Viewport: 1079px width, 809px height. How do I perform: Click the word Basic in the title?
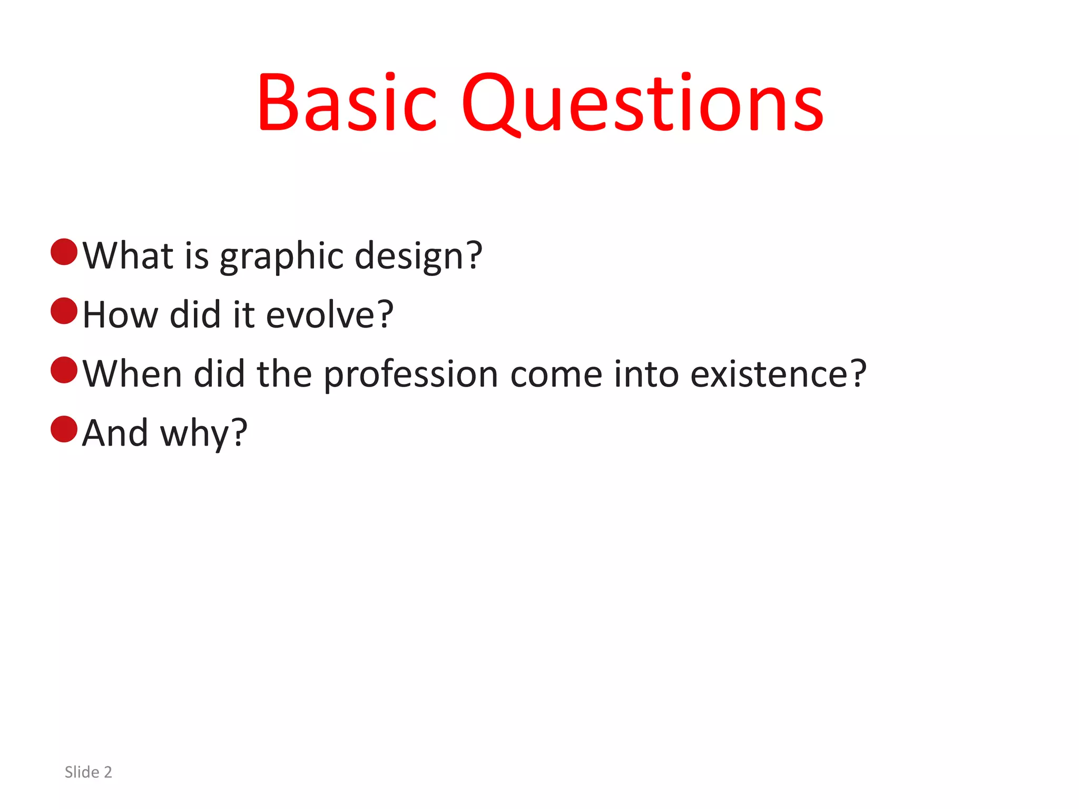pos(347,102)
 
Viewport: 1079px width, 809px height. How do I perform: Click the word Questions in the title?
pos(642,102)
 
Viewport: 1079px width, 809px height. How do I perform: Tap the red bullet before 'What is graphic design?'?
pos(64,252)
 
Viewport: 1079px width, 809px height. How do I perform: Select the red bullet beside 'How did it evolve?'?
pos(64,311)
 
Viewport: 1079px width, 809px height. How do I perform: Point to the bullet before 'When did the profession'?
pos(64,370)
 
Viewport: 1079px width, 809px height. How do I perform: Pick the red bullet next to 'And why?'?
pos(64,429)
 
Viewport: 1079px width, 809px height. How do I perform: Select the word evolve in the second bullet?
pos(321,315)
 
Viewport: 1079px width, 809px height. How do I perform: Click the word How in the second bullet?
pos(120,315)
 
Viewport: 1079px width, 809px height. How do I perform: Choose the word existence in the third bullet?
pos(771,374)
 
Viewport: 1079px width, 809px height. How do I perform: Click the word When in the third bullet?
pos(132,374)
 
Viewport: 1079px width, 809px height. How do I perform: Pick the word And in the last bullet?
pos(115,433)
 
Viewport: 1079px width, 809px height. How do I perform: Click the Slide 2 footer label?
pos(89,772)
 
